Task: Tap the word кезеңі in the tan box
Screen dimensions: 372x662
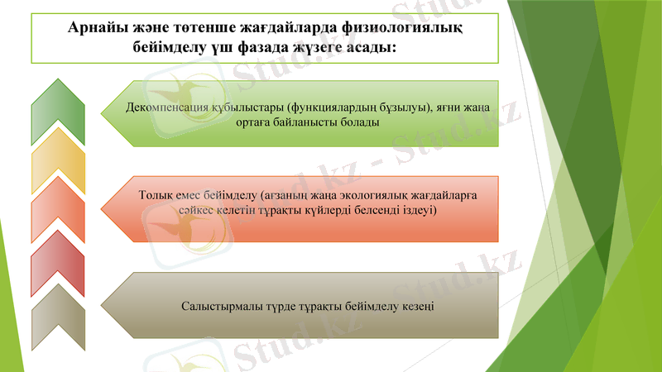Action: pyautogui.click(x=420, y=307)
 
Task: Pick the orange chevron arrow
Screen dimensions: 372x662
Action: pyautogui.click(x=58, y=212)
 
